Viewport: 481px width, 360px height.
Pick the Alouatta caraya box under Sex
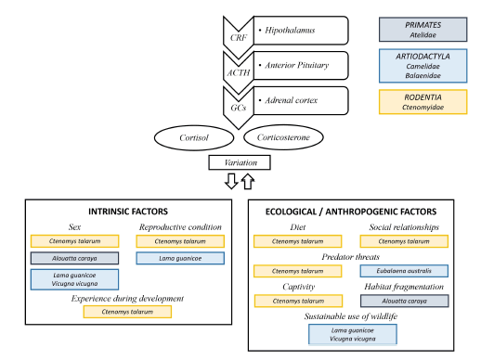tap(73, 258)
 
